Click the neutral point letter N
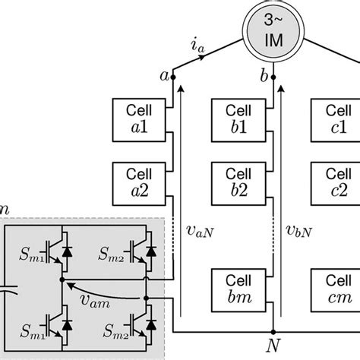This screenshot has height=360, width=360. [x=270, y=349]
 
